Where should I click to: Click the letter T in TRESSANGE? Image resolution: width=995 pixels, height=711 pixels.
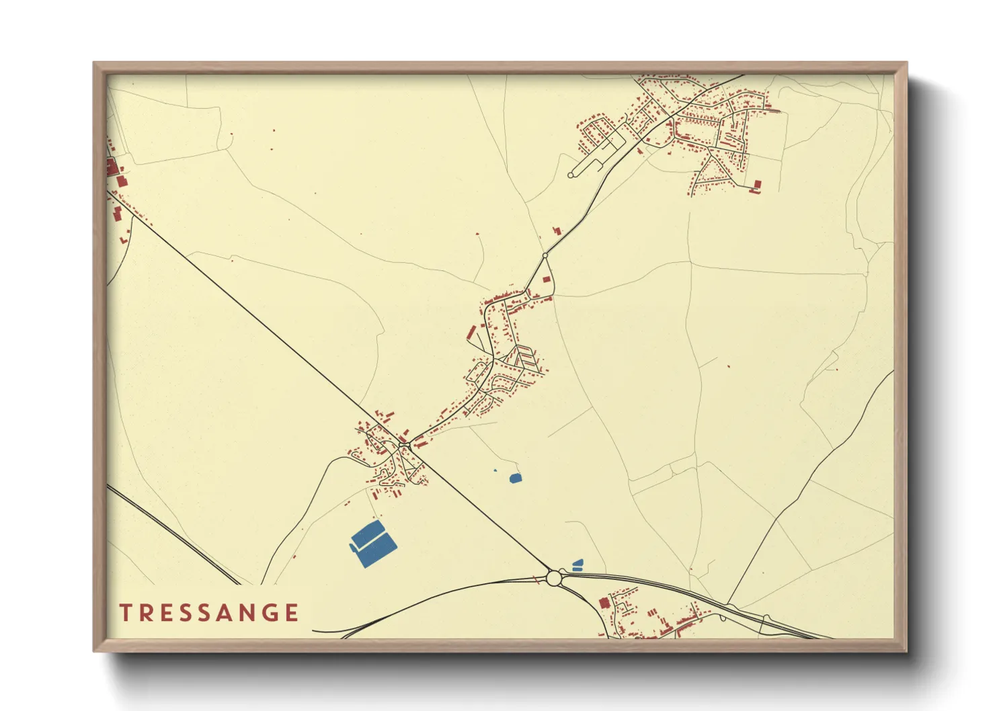pos(125,613)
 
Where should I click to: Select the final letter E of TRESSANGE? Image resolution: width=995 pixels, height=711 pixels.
pos(292,613)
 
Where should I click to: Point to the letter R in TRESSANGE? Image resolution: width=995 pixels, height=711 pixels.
pos(144,613)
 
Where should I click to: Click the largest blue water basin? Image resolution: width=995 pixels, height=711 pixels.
pos(373,544)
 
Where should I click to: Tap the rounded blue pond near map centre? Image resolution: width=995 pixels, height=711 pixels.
pos(515,478)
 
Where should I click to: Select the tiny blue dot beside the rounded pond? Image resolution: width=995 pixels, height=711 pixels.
pos(495,470)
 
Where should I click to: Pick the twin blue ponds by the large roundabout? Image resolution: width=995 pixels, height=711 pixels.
pos(577,564)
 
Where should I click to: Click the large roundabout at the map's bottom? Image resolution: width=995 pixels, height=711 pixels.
pos(554,577)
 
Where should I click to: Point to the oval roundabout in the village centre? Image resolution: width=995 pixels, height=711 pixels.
pos(404,444)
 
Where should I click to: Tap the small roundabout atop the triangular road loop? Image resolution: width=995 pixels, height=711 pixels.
pos(545,255)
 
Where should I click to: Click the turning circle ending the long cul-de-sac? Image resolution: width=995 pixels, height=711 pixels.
pos(571,175)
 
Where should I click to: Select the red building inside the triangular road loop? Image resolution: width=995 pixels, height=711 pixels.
pos(547,278)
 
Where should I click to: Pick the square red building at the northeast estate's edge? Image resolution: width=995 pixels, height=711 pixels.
pos(758,183)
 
